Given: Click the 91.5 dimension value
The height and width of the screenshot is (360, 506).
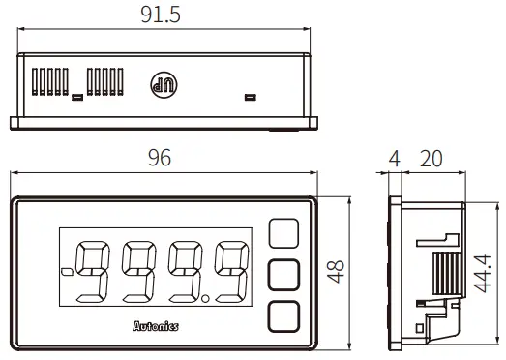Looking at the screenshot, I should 160,15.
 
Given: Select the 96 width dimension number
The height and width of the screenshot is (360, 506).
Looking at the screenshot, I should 161,159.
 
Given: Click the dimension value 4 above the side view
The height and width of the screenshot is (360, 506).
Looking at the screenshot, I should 393,158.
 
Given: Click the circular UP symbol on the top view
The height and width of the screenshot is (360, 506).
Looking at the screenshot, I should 161,84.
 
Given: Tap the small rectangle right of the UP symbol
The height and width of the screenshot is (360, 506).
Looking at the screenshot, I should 251,97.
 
